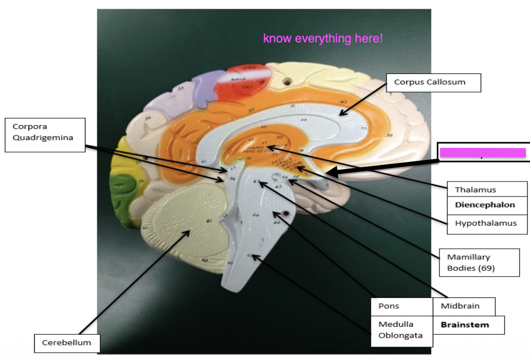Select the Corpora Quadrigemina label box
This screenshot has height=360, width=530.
coord(45,132)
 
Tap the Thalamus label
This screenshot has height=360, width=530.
coord(475,190)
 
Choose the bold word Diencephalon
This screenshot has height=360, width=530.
coord(485,205)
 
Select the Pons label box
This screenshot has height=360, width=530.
coord(389,306)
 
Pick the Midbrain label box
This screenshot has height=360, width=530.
coord(460,306)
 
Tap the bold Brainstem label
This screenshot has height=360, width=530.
coord(464,325)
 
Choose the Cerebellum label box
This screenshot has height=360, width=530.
coord(66,342)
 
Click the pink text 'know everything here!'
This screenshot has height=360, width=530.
coord(322,39)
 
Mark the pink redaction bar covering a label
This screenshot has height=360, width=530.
coord(483,152)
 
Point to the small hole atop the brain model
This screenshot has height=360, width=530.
coord(286,81)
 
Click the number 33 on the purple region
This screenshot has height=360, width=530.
coord(181,89)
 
